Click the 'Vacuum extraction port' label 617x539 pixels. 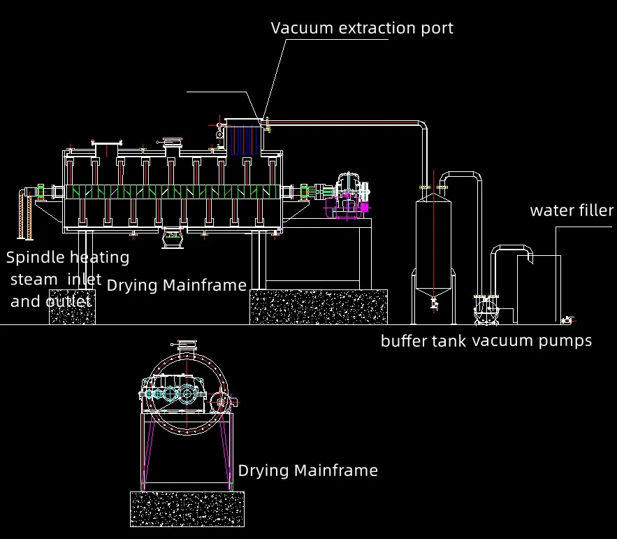tap(362, 28)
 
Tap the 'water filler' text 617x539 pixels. tap(572, 210)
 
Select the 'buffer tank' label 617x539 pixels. tap(423, 341)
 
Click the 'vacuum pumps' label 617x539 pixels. tap(532, 341)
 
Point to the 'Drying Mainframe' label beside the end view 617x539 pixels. tap(307, 470)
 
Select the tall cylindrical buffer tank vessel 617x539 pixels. tap(434, 238)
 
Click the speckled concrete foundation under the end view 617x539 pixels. tap(187, 508)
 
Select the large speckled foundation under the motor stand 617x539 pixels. tap(319, 306)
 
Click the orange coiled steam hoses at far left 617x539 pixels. tap(24, 217)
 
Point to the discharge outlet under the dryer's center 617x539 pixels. tap(172, 238)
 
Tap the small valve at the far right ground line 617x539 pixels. tap(567, 320)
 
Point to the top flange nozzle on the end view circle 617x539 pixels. tap(185, 345)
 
